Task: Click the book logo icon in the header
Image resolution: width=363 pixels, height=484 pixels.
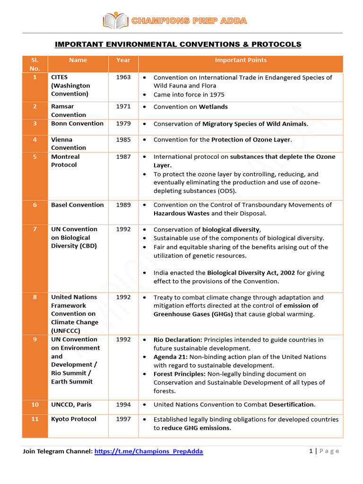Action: pos(115,21)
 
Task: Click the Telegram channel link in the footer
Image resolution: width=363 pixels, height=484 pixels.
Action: pos(148,451)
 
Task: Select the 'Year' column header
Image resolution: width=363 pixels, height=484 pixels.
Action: pos(123,60)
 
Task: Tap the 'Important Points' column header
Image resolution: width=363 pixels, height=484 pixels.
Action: pos(241,60)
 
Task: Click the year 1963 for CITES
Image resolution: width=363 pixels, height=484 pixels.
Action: pos(123,77)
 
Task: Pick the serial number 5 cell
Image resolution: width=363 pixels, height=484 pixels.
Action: pos(35,156)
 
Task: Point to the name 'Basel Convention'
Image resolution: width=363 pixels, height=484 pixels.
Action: pos(77,205)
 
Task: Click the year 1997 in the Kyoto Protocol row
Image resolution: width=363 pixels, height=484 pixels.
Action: pos(123,419)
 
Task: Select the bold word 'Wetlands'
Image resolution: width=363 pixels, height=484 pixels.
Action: pos(213,107)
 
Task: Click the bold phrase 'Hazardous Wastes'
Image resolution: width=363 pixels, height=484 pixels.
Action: pos(181,213)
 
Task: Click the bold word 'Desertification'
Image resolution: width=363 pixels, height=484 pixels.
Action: pos(291,405)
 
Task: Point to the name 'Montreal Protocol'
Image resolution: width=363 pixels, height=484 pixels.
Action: pos(65,161)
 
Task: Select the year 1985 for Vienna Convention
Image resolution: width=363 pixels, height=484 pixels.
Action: pos(123,139)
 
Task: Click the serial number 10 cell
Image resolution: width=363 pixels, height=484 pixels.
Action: pos(35,405)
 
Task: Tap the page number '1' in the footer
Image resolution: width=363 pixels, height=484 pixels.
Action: pos(311,451)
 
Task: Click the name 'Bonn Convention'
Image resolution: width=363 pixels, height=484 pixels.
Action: pos(77,123)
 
